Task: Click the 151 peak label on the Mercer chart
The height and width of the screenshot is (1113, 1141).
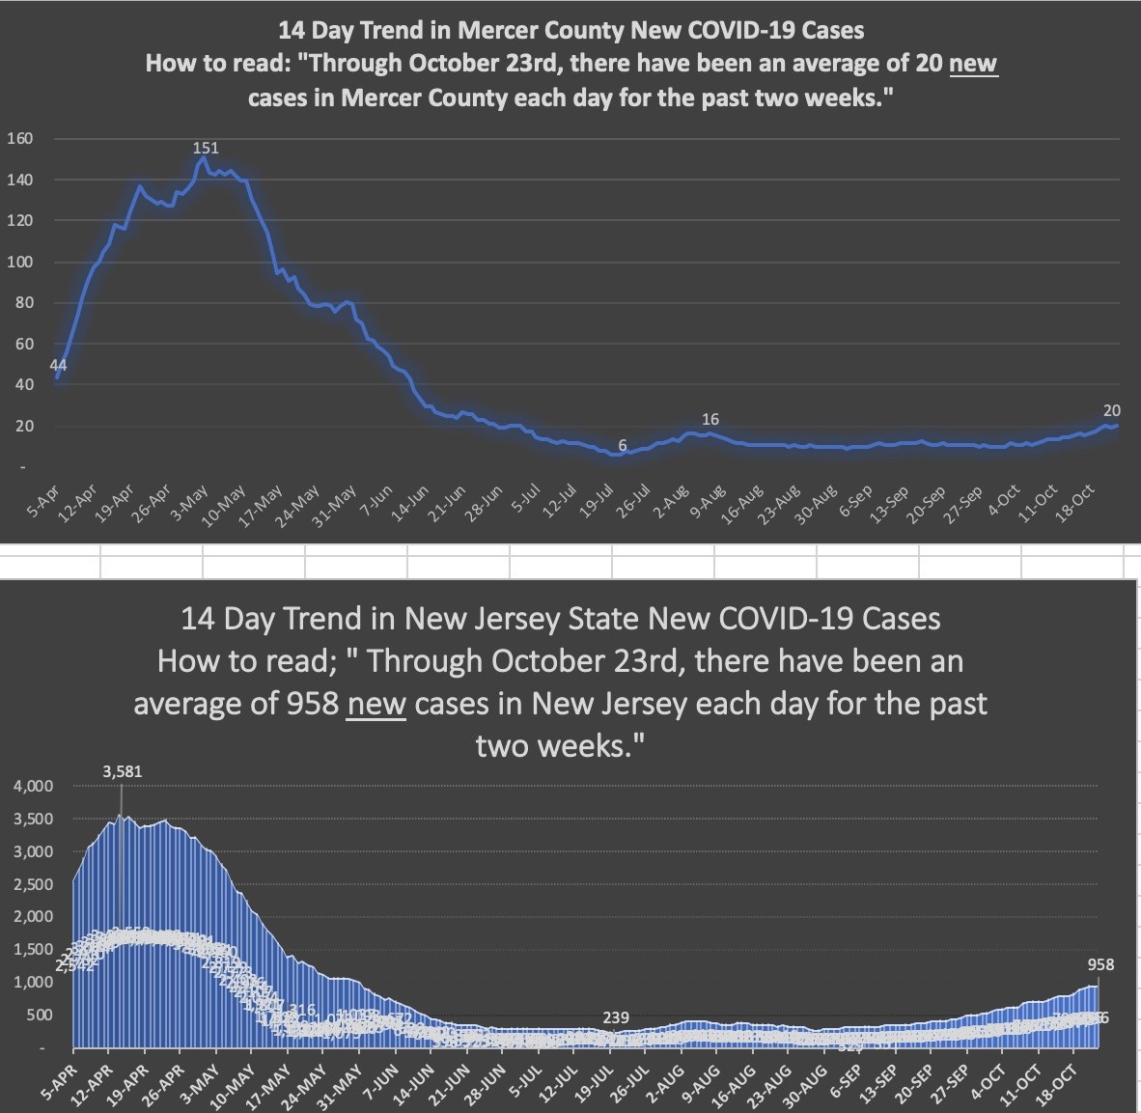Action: point(206,148)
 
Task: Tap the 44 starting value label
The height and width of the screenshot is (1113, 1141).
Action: point(58,364)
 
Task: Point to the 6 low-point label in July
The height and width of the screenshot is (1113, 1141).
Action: point(623,445)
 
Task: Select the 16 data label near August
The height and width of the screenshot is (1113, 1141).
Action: point(710,419)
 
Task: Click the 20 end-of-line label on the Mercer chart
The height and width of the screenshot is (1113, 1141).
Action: point(1111,410)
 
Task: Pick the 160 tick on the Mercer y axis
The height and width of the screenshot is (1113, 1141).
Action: point(20,138)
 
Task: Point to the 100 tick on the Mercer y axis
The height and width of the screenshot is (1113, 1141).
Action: point(20,262)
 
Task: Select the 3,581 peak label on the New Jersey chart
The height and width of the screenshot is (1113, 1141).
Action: point(122,771)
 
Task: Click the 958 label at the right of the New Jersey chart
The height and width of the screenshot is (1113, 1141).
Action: point(1100,964)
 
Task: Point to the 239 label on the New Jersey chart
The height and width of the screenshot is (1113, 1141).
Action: point(616,1017)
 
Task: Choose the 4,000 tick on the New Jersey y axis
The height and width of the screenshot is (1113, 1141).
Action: point(33,787)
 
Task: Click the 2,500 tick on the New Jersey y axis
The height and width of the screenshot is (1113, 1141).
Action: point(33,884)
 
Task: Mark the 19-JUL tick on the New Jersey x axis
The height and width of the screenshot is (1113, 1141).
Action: point(598,1082)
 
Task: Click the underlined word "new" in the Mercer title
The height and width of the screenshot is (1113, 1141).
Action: point(973,64)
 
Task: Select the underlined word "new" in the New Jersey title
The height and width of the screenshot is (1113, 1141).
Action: point(376,704)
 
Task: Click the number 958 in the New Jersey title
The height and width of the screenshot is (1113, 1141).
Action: point(312,704)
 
